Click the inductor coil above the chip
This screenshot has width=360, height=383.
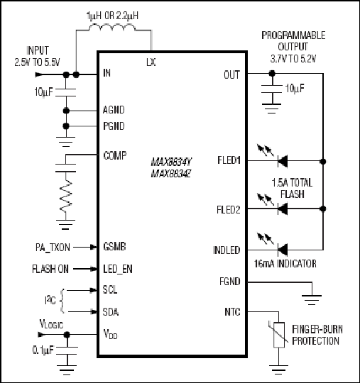tap(111, 28)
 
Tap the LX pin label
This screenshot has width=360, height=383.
tap(151, 62)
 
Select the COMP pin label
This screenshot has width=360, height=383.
tap(115, 155)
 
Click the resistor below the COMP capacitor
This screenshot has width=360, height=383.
tap(65, 196)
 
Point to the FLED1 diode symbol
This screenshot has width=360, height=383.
tap(283, 161)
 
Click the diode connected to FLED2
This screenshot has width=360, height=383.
tap(283, 209)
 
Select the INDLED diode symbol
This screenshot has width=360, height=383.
tap(283, 250)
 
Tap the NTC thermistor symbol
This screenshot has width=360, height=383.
tap(278, 335)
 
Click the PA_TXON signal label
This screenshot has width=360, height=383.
tap(53, 248)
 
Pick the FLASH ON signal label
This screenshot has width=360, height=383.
tap(50, 270)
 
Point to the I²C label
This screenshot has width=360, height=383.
tap(50, 301)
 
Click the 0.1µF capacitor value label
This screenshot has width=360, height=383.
tap(43, 350)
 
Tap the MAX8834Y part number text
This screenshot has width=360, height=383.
tap(171, 162)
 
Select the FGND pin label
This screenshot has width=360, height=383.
tap(229, 282)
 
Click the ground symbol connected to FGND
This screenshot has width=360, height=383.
tap(312, 300)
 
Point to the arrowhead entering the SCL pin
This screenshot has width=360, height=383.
tap(94, 290)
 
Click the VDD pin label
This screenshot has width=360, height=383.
tap(110, 334)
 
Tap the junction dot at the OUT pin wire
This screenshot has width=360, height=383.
tap(272, 73)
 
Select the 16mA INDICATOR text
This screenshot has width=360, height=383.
tap(285, 264)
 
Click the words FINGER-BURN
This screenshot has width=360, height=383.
tap(317, 329)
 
